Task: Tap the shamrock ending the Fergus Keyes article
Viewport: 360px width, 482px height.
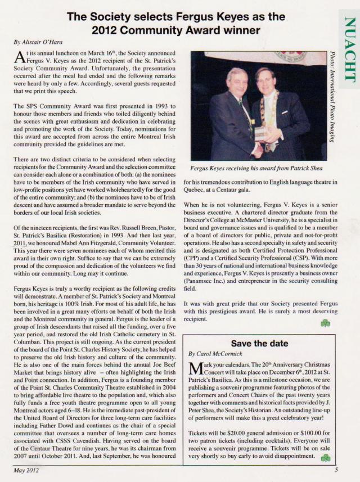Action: pyautogui.click(x=325, y=322)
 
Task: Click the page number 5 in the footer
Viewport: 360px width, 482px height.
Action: pyautogui.click(x=336, y=471)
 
